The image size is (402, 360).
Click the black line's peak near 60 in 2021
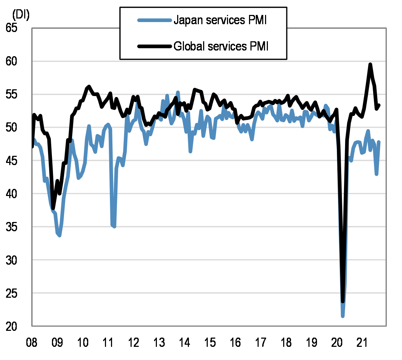point(370,64)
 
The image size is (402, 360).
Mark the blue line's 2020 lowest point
point(343,316)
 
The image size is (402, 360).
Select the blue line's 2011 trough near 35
point(114,226)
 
